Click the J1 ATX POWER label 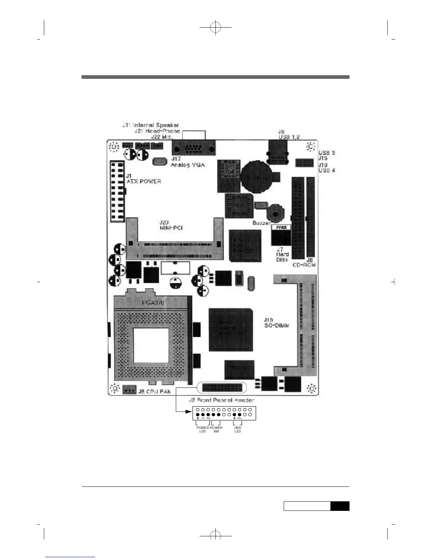click(x=143, y=179)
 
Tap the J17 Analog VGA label click(x=187, y=162)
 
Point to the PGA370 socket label click(x=152, y=303)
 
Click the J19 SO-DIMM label click(x=276, y=323)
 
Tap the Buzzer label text click(x=261, y=223)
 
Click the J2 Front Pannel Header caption click(x=221, y=400)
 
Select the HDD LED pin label click(x=238, y=430)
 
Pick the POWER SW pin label click(x=216, y=430)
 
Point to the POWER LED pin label click(x=203, y=430)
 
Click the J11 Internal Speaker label click(x=151, y=125)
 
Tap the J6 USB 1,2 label click(x=289, y=134)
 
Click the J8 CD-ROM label click(x=304, y=262)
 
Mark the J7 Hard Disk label click(x=282, y=254)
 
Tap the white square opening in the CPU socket click(x=151, y=345)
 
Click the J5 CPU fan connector click(x=129, y=391)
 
